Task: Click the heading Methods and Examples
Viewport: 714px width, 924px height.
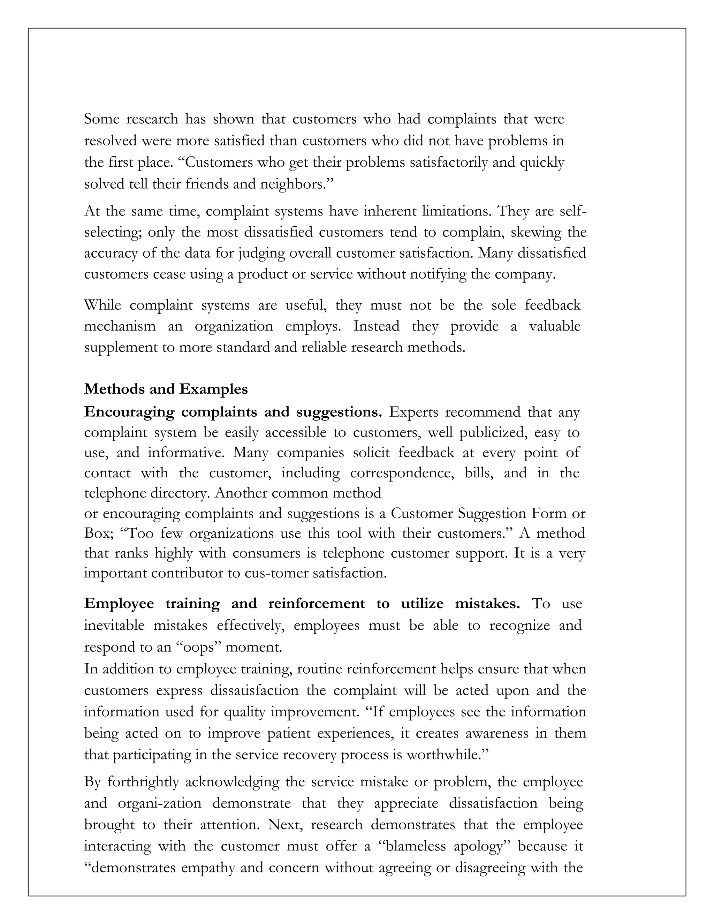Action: coord(166,389)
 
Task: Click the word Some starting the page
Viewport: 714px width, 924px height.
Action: coord(101,119)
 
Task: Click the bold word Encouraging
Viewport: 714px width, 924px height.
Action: coord(129,412)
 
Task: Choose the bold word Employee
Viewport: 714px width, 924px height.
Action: coord(119,603)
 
